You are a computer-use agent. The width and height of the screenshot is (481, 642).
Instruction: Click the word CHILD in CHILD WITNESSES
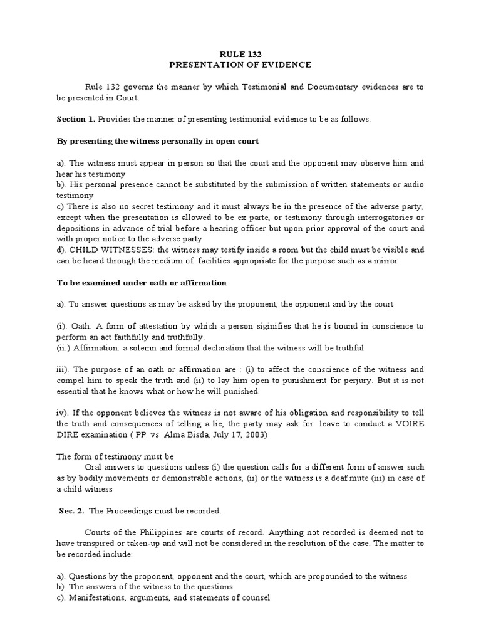[83, 248]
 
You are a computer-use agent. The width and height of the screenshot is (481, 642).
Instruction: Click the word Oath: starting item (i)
[85, 326]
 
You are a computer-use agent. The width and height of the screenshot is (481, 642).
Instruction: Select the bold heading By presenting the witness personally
[157, 141]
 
